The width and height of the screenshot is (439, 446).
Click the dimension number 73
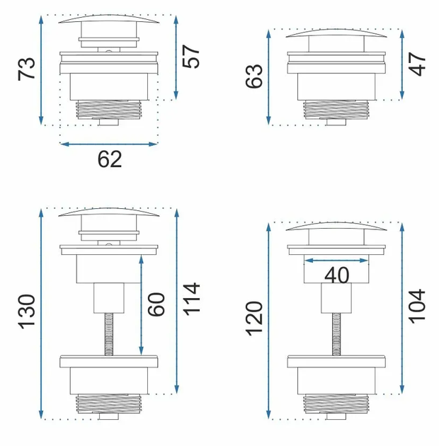(26, 69)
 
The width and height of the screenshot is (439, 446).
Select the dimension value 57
(191, 57)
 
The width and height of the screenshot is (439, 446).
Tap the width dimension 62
(110, 159)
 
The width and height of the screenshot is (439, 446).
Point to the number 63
(253, 76)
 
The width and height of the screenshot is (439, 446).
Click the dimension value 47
(417, 64)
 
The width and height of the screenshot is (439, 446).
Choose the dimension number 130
(26, 312)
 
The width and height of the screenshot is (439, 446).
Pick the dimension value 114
(191, 299)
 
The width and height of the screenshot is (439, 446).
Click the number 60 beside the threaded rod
(156, 304)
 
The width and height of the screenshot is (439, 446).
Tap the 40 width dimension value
(336, 275)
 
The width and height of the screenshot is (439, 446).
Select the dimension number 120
(253, 319)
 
